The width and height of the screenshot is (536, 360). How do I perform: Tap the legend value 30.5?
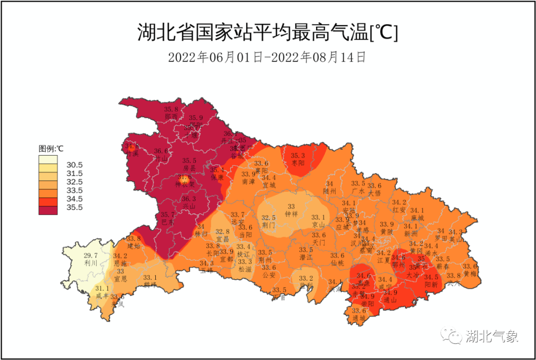(74, 165)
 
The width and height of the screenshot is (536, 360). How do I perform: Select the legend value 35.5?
(74, 207)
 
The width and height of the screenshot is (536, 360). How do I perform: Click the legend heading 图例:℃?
(51, 148)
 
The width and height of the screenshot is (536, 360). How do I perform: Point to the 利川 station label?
(90, 263)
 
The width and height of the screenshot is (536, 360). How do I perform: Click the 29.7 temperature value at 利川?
(90, 255)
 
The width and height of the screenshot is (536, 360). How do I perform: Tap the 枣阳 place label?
(298, 163)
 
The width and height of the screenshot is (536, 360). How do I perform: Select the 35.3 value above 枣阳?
(298, 155)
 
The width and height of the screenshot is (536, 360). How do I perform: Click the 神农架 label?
(185, 184)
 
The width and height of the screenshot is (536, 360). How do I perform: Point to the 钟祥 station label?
(291, 214)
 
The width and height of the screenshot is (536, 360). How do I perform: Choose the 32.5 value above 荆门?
(268, 217)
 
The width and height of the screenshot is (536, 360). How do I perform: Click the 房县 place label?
(189, 168)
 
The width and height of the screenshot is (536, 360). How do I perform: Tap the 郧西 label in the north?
(171, 117)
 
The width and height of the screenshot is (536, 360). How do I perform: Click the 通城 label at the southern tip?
(359, 318)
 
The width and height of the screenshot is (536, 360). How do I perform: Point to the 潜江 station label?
(306, 257)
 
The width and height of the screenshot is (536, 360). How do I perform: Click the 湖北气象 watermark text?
(492, 337)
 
